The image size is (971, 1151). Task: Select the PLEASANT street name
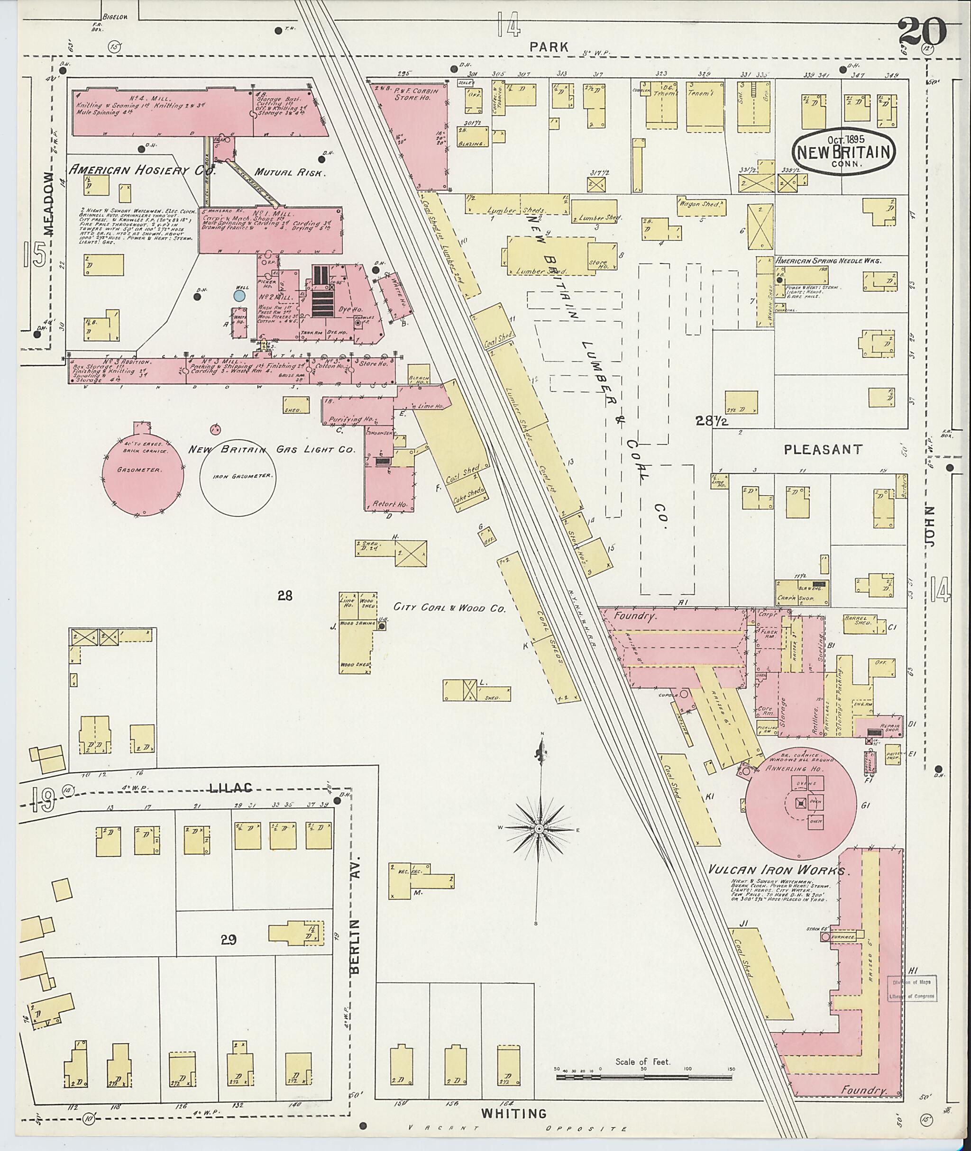pyautogui.click(x=823, y=450)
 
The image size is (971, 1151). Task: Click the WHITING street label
pyautogui.click(x=514, y=1114)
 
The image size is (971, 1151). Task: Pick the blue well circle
pyautogui.click(x=239, y=296)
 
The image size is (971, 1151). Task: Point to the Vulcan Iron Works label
pyautogui.click(x=776, y=871)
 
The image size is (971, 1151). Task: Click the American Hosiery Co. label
pyautogui.click(x=141, y=171)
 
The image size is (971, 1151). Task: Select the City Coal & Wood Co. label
pyautogui.click(x=449, y=608)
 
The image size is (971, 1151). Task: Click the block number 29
pyautogui.click(x=229, y=940)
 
